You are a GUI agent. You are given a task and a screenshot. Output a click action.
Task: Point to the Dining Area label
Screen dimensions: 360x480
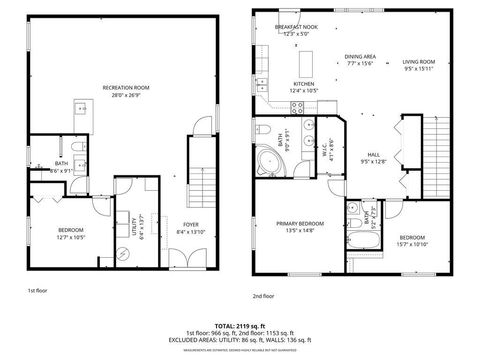point(360,56)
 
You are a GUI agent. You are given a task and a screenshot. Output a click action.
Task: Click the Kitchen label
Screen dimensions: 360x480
point(304,84)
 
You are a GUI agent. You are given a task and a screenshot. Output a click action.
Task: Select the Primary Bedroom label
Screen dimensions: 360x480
point(300,223)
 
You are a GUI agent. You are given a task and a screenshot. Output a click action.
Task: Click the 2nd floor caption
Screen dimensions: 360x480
point(263,296)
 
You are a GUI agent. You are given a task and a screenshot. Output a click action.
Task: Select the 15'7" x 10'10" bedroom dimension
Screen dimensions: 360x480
point(412,243)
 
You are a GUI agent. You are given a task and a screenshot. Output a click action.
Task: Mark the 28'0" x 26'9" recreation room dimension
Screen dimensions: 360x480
point(126,95)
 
